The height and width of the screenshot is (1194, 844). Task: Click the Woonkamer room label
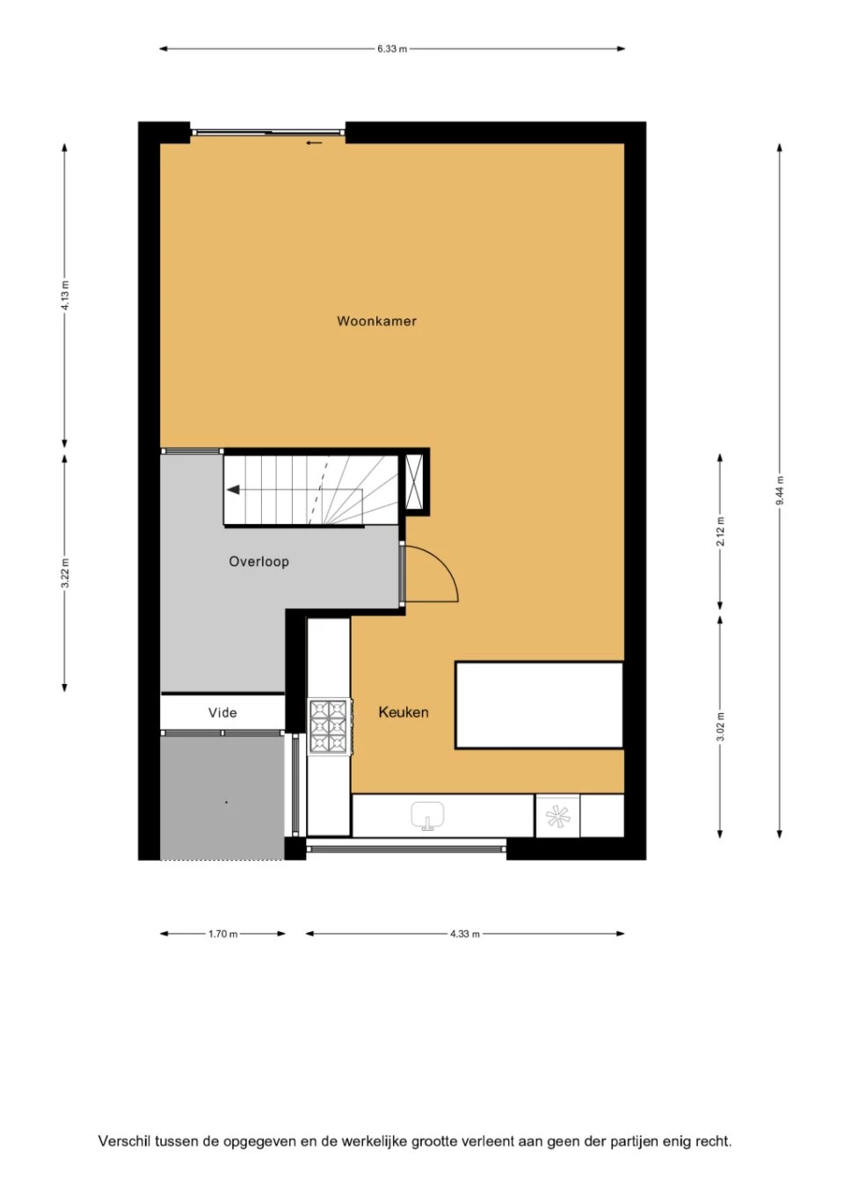[376, 321]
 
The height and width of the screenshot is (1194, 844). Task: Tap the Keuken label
[404, 712]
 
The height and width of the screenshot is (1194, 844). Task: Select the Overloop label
[259, 562]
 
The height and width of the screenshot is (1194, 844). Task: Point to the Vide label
[222, 713]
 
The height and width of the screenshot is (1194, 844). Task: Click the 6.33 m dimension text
[392, 49]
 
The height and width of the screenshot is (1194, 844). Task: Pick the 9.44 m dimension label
[779, 491]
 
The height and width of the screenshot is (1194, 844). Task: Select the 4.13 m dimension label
[65, 295]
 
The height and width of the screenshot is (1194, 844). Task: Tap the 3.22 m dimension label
[65, 573]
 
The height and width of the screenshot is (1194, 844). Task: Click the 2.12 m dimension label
[720, 531]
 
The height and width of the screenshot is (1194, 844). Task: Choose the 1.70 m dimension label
[222, 934]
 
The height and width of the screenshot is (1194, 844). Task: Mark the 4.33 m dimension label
[464, 934]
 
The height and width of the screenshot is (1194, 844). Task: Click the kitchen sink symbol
[427, 816]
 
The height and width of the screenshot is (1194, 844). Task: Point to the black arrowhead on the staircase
[233, 490]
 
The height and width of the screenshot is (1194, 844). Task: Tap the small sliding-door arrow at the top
[315, 142]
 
